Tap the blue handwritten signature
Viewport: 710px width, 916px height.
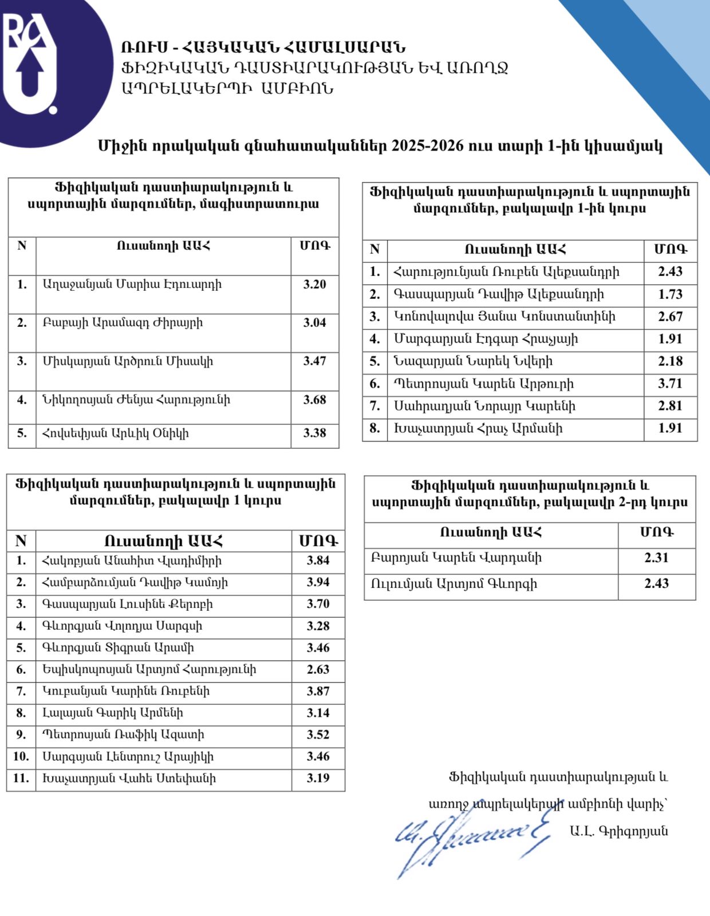pos(470,839)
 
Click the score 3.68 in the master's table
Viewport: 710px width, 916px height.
pos(314,400)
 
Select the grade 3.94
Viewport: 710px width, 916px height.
pos(318,582)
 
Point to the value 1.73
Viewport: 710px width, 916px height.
pos(670,294)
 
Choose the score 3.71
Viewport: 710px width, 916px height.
pos(670,384)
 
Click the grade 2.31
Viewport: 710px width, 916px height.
pos(656,558)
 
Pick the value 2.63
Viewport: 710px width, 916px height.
pos(318,669)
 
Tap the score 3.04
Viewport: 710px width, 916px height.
pos(314,322)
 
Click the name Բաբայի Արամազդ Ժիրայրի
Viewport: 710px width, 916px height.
pos(123,323)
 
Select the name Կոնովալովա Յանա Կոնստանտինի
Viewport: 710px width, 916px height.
pos(504,317)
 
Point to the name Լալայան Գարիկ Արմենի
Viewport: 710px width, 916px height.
pos(112,713)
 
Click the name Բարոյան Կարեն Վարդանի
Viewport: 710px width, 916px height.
pos(456,558)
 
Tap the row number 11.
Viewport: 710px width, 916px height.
pos(21,779)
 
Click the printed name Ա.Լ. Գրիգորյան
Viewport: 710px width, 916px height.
pos(618,831)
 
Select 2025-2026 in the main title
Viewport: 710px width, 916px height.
pos(427,146)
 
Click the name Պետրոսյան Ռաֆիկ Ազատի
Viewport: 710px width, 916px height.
pos(123,735)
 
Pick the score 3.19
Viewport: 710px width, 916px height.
pos(318,778)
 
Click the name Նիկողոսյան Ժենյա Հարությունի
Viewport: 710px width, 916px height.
pos(136,400)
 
